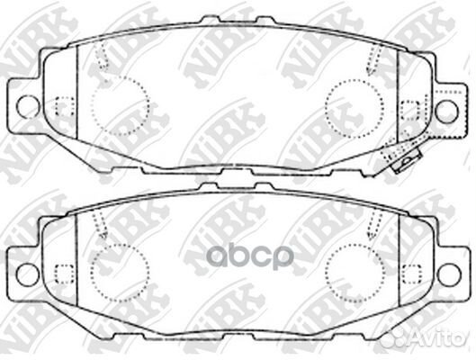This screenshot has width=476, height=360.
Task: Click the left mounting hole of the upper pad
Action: (28, 106)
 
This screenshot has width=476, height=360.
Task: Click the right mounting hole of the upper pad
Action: (446, 109)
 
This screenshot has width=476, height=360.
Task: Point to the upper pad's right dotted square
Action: (410, 109)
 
